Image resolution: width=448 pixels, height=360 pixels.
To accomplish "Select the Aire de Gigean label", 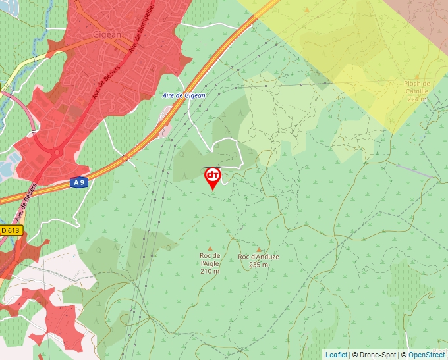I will [184, 96].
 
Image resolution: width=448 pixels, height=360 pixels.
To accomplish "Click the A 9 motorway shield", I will [78, 182].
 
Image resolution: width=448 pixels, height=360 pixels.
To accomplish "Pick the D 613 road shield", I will [11, 230].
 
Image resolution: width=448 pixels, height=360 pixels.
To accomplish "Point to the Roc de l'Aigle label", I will [210, 260].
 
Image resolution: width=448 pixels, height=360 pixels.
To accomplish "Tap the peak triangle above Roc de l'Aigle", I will [210, 248].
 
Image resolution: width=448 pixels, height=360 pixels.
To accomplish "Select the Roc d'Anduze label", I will [258, 257].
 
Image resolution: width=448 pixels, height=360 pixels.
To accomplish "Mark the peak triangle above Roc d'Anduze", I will [258, 249].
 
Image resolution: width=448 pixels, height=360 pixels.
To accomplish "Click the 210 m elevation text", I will [210, 271].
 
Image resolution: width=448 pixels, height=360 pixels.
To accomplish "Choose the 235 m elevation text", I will [258, 265].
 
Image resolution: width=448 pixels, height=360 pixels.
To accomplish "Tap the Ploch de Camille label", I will [418, 88].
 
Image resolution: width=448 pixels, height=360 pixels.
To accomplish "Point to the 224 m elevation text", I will [418, 99].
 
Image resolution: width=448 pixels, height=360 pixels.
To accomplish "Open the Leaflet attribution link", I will [336, 355].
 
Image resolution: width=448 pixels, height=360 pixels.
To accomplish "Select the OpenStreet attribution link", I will [428, 355].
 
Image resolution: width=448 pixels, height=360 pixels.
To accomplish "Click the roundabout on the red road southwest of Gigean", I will [56, 153].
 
